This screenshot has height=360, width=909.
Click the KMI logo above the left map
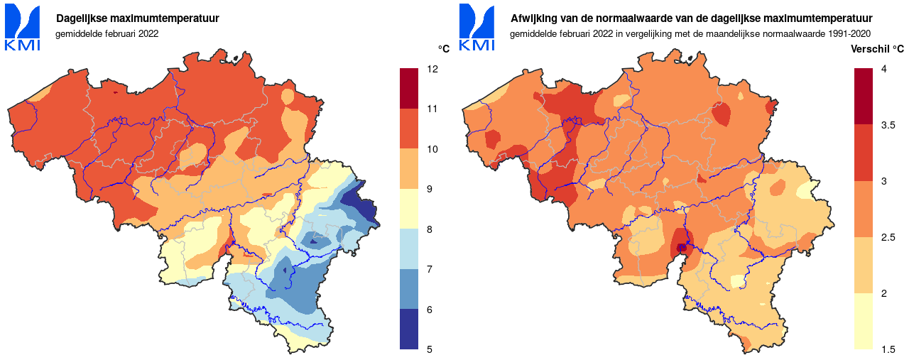(x=23, y=27)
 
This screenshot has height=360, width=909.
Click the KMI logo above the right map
(x=477, y=27)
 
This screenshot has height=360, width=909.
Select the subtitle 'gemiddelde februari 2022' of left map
(x=107, y=33)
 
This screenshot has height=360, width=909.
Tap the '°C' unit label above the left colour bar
(x=443, y=49)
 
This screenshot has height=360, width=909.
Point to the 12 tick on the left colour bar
(x=432, y=70)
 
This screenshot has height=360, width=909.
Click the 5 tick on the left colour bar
(x=432, y=349)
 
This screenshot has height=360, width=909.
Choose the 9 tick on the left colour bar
(x=432, y=190)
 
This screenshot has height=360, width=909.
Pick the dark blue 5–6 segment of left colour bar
(x=409, y=329)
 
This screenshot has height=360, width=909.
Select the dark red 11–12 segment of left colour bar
(x=409, y=89)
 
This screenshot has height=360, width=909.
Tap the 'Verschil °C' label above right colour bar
(x=878, y=49)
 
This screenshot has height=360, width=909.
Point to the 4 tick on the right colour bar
(x=883, y=70)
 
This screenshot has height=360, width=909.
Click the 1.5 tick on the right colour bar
(x=888, y=349)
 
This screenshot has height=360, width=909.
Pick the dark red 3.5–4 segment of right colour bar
(x=863, y=97)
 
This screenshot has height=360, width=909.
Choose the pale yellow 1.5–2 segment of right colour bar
(x=863, y=321)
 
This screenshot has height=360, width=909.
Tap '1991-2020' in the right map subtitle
(x=850, y=33)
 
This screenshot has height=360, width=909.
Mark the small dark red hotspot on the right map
(x=682, y=248)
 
